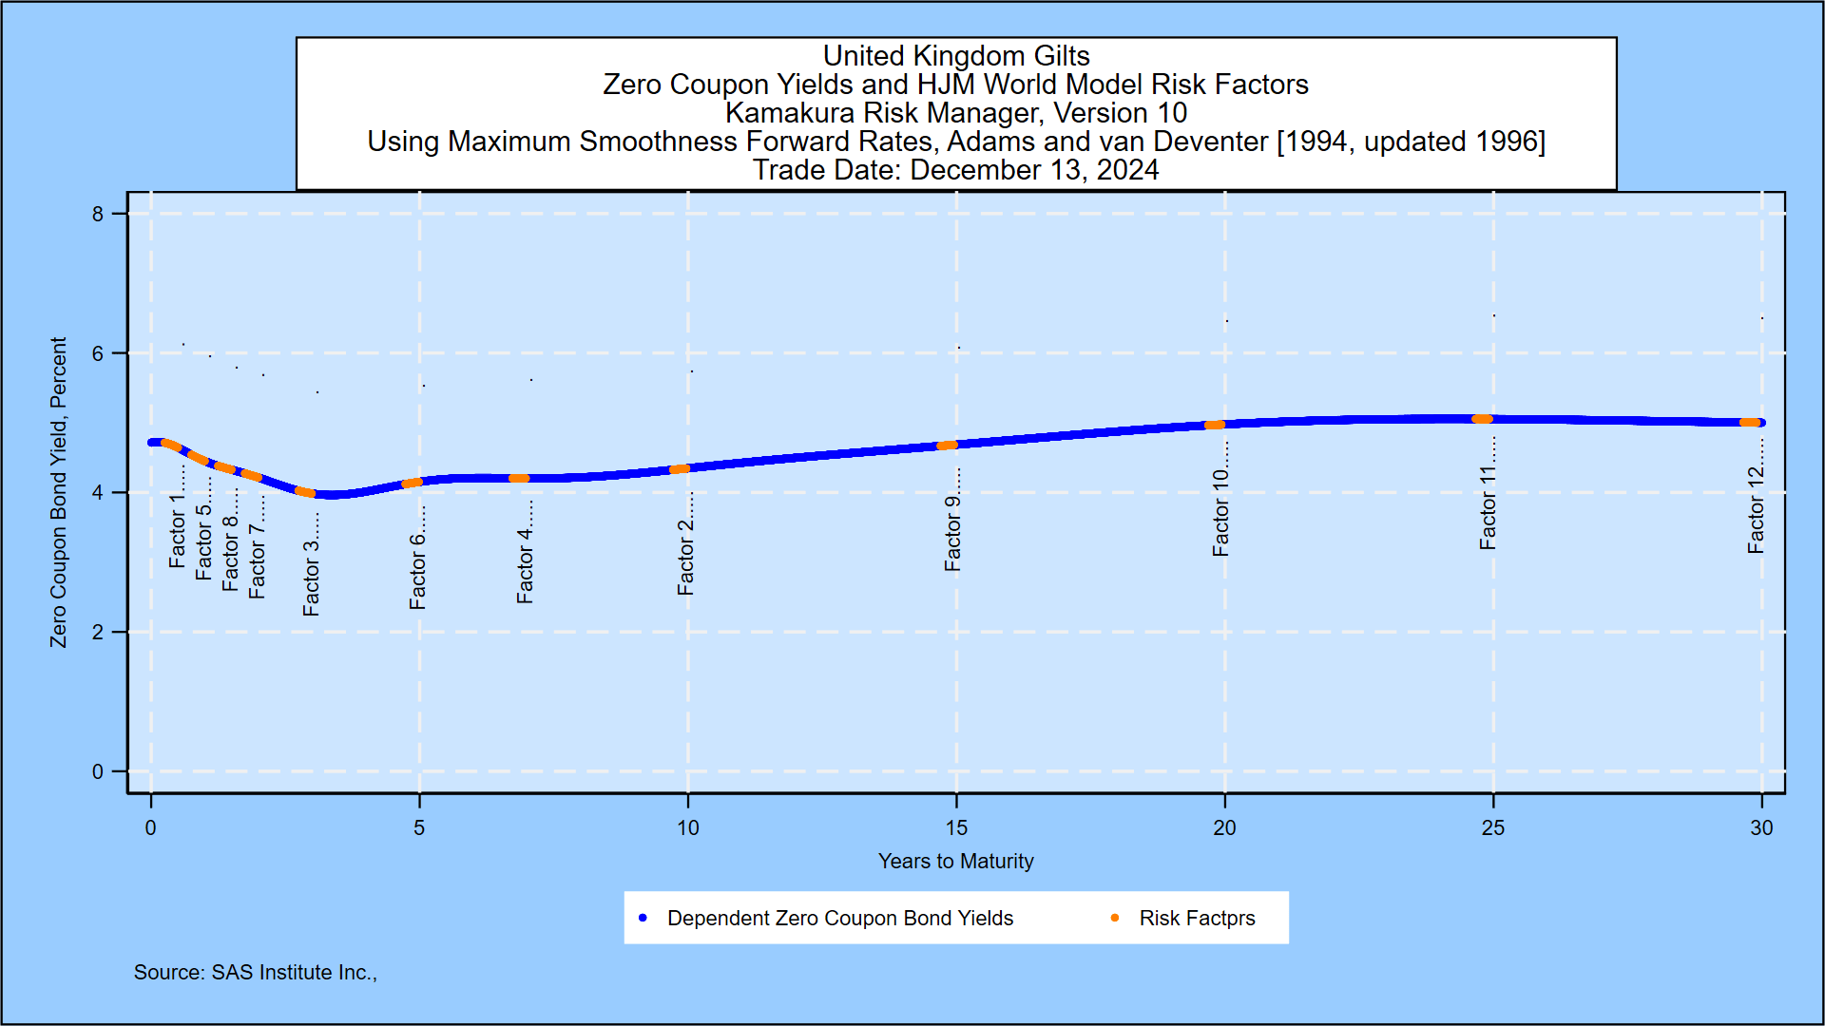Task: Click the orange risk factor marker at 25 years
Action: (1482, 419)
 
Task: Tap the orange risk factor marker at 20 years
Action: (1215, 425)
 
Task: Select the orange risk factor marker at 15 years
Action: (947, 445)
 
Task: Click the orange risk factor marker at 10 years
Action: (680, 469)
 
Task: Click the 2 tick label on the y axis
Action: (98, 633)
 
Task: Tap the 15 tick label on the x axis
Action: (956, 828)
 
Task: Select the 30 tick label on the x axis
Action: (1761, 828)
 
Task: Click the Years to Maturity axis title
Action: (955, 862)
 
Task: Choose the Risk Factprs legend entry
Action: (1197, 919)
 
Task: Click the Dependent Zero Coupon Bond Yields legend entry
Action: (839, 919)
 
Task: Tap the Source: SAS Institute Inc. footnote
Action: (255, 973)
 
